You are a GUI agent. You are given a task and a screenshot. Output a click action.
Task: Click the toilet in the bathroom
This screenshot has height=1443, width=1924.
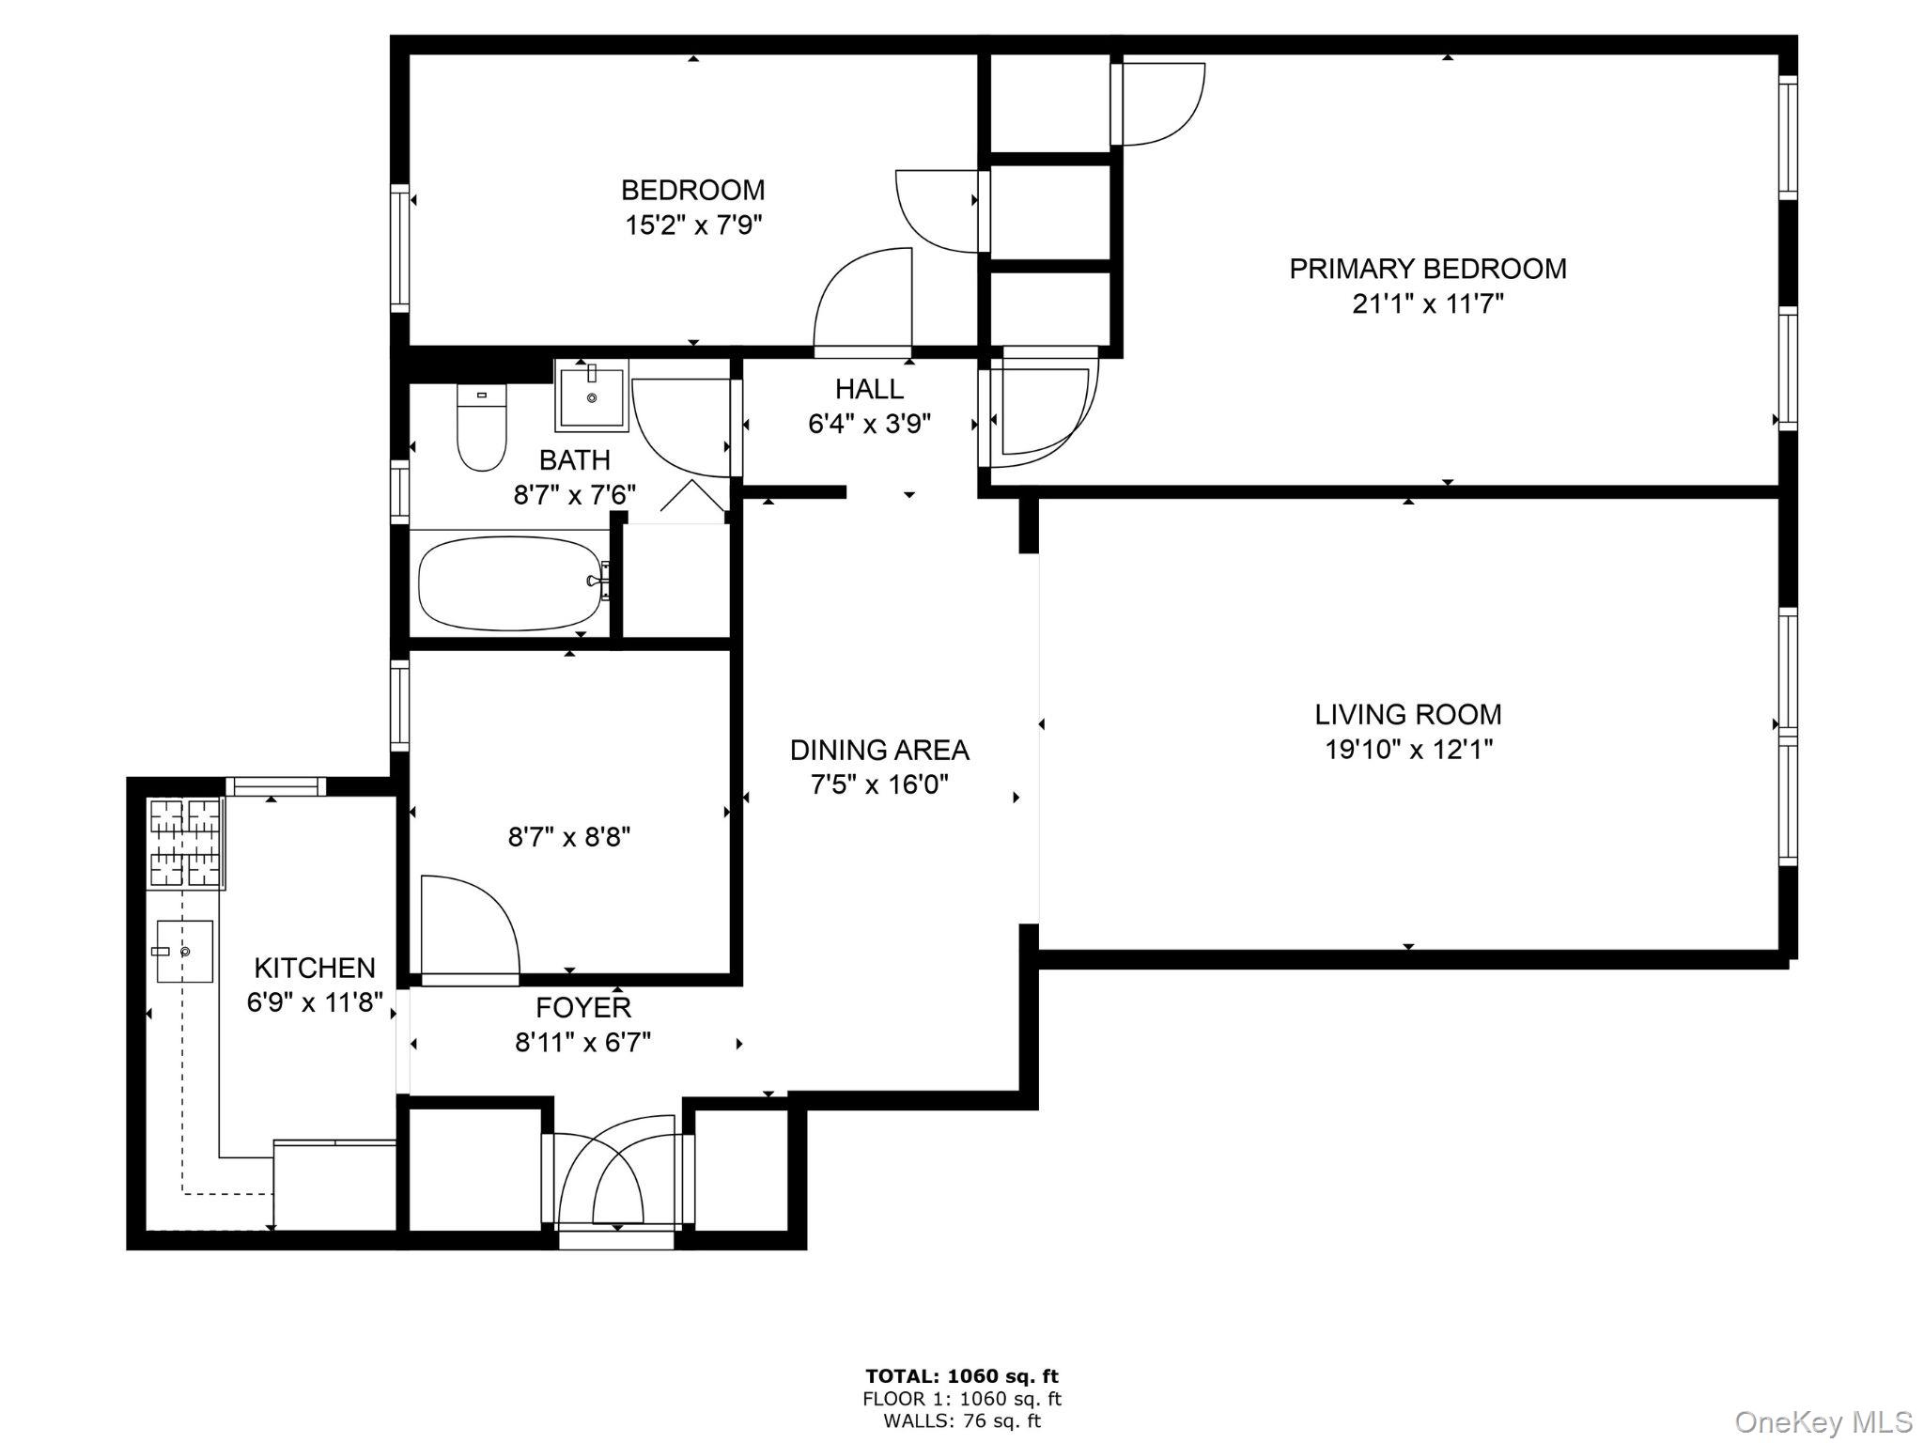pos(481,427)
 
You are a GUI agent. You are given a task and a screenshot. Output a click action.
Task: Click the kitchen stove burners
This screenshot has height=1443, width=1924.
pos(185,843)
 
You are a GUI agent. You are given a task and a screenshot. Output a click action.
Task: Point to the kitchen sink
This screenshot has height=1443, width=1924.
pos(184,952)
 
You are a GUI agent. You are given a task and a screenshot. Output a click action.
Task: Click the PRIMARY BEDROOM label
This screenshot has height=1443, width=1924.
pos(1427,269)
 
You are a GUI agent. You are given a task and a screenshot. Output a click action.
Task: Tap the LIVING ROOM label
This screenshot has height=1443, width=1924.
pos(1407,715)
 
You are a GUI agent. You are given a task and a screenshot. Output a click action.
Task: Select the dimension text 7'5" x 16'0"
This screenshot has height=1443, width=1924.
pos(879,784)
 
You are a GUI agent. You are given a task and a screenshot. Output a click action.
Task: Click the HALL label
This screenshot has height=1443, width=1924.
pos(869,389)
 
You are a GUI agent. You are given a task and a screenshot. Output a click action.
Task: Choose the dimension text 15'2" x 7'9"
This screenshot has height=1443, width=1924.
pos(693,225)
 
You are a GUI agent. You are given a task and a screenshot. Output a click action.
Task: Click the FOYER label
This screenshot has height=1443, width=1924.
pos(582,1008)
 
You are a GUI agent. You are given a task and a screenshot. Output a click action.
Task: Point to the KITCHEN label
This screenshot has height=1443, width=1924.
pos(315,968)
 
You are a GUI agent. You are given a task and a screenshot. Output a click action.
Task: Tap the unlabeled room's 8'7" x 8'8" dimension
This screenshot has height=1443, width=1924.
pos(569,837)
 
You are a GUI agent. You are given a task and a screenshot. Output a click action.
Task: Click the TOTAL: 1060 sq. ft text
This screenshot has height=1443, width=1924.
pos(962,1377)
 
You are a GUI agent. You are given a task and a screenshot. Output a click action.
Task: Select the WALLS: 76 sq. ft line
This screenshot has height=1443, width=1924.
pos(962,1421)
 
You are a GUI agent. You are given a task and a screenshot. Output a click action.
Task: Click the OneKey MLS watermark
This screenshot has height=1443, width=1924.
pos(1823,1421)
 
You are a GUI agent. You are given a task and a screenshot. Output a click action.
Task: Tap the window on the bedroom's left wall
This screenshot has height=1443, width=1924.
pos(400,248)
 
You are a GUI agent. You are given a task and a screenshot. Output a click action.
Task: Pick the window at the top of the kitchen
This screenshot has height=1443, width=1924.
pos(275,786)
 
